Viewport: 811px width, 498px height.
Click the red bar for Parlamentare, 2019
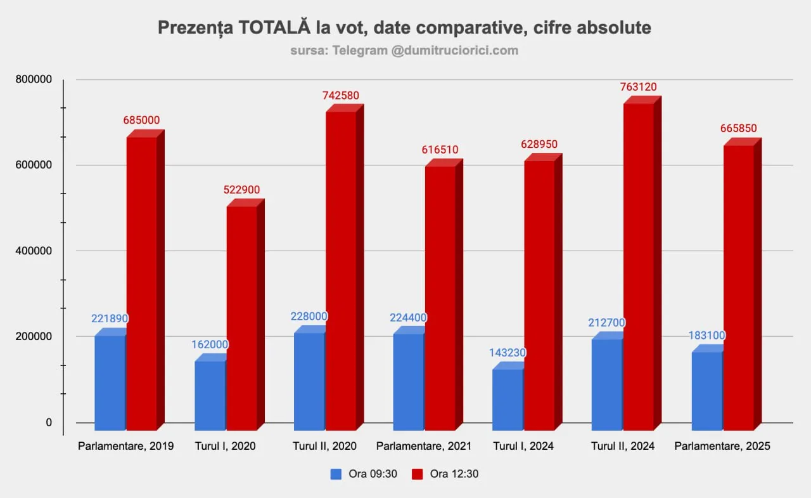pos(141,282)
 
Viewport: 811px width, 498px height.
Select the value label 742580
pos(341,96)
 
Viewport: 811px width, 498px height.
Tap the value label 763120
pos(639,87)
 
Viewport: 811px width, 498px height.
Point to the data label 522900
pos(241,190)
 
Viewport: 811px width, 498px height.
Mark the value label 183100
pos(707,335)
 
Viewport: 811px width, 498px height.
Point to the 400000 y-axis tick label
pos(34,251)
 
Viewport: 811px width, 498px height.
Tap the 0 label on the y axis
pos(49,422)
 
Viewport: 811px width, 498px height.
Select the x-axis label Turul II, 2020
pos(324,446)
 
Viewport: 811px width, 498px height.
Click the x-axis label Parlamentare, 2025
pos(722,446)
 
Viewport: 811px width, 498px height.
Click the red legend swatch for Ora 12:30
pos(418,474)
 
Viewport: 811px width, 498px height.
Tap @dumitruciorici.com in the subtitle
pos(454,51)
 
